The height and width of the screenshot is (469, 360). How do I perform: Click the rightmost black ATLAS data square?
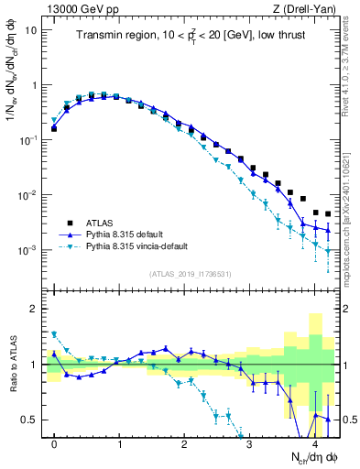(x=328, y=214)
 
